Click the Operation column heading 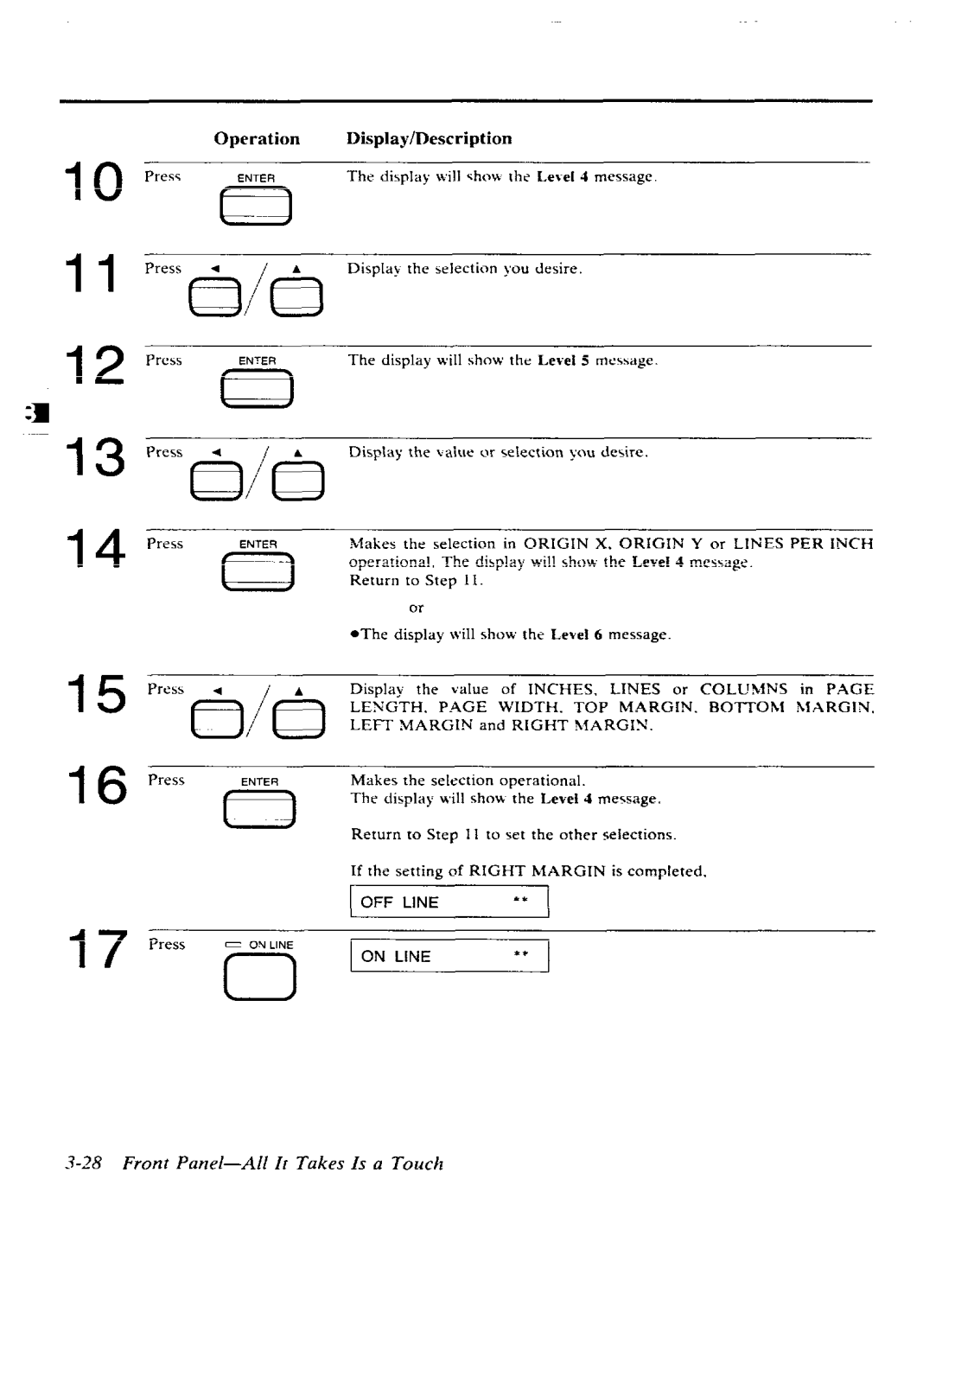coord(257,139)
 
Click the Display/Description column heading coord(429,139)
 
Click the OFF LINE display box coord(449,902)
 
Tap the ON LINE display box coord(449,956)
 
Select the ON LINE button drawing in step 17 coord(259,978)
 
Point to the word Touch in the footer coord(417,1163)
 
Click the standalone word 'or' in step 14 coord(416,608)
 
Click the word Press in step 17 coord(166,944)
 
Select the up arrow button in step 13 coord(297,482)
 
